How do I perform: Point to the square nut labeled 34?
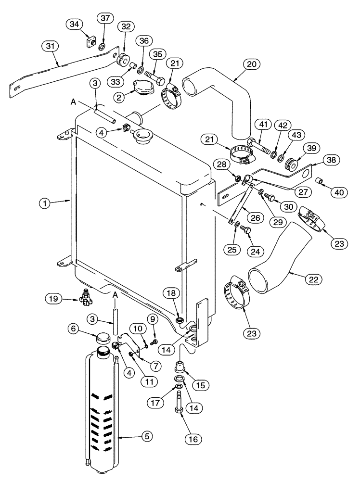90,43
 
